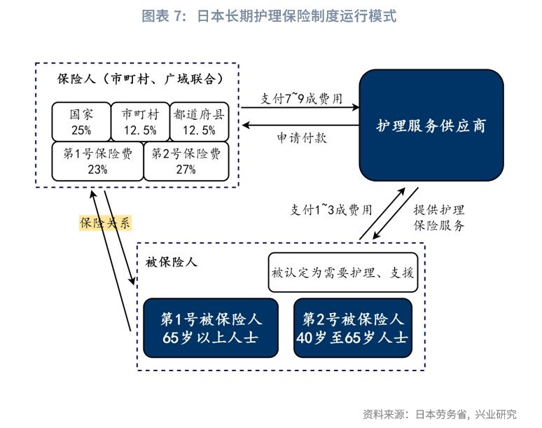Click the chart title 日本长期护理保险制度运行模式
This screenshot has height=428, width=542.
pyautogui.click(x=269, y=15)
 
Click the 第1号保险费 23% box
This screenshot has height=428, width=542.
pyautogui.click(x=97, y=161)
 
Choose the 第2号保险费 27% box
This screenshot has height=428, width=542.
pyautogui.click(x=186, y=161)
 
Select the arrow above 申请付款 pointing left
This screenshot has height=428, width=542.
pyautogui.click(x=300, y=125)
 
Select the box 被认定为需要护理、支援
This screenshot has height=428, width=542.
pyautogui.click(x=342, y=272)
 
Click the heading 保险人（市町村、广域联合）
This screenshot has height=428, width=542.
pyautogui.click(x=140, y=78)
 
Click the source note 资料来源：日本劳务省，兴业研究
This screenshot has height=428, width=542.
pyautogui.click(x=439, y=413)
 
